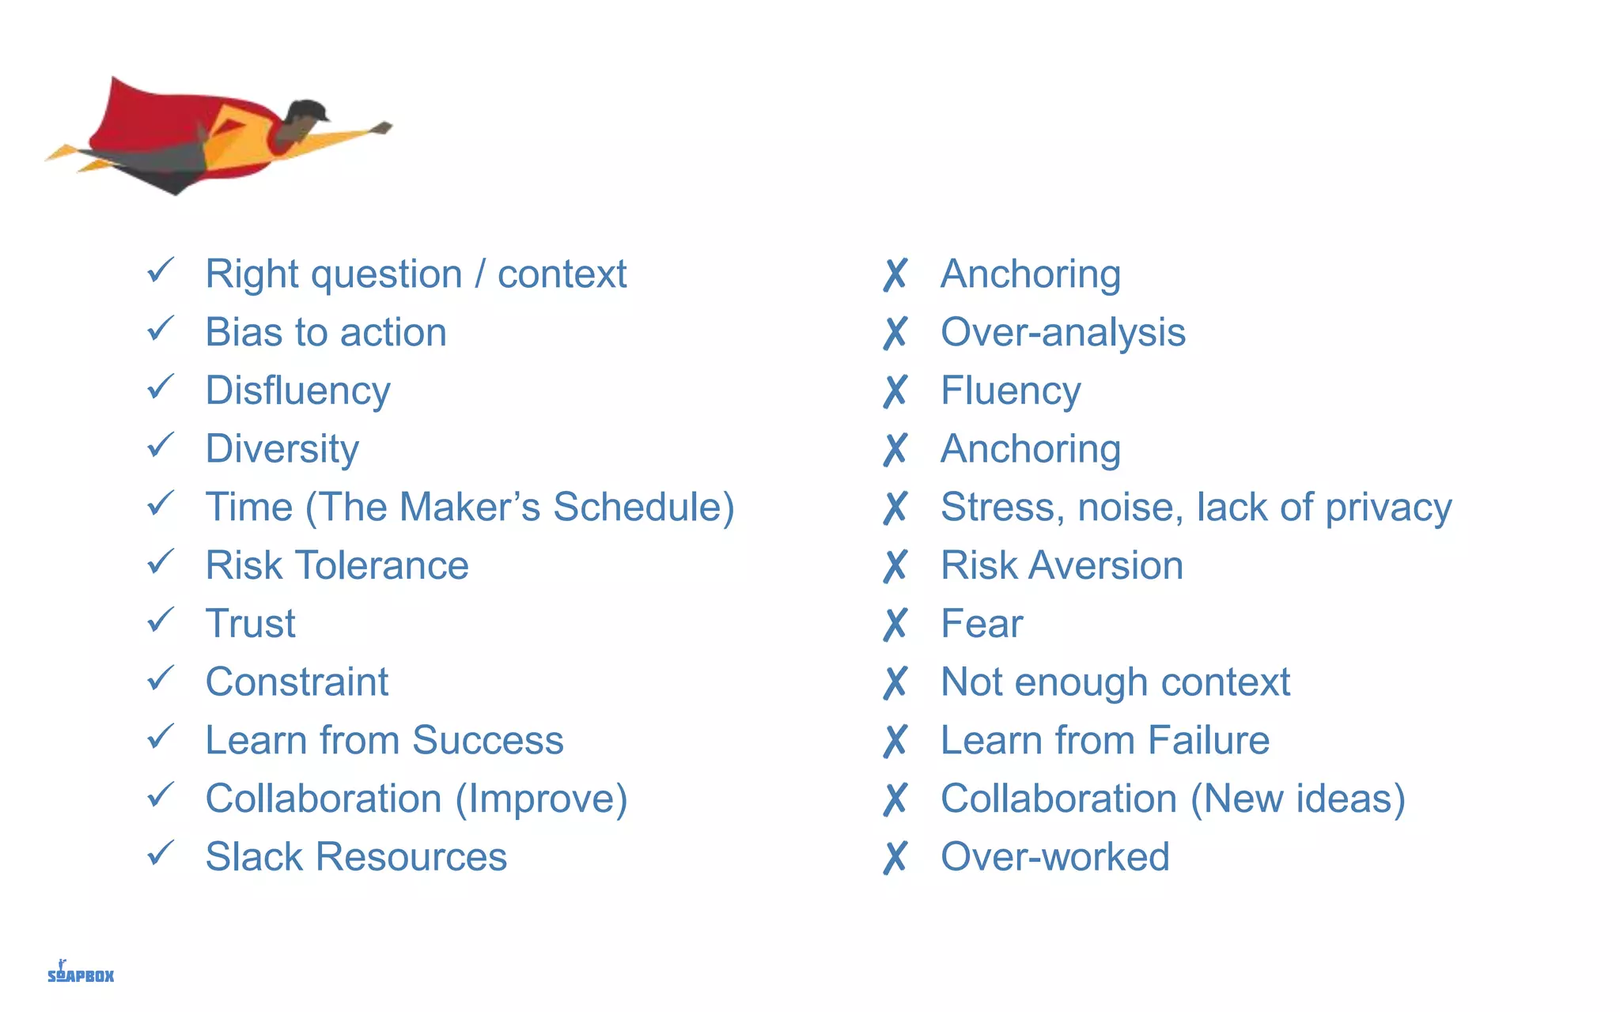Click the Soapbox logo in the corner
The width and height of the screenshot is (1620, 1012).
pyautogui.click(x=80, y=973)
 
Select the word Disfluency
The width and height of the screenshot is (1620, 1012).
pyautogui.click(x=297, y=391)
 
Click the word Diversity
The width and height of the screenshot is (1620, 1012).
pyautogui.click(x=282, y=449)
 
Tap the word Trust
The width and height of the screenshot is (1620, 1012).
pyautogui.click(x=250, y=624)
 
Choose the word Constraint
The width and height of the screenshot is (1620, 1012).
pyautogui.click(x=297, y=682)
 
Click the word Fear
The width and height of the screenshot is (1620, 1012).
pyautogui.click(x=981, y=624)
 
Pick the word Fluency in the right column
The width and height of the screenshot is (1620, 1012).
pyautogui.click(x=1010, y=391)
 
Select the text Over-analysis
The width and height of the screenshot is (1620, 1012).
pyautogui.click(x=1062, y=332)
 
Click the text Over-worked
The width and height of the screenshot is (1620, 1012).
pyautogui.click(x=1054, y=857)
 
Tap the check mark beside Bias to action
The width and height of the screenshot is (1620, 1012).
pyautogui.click(x=161, y=328)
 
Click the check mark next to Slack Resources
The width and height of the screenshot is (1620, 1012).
pyautogui.click(x=161, y=853)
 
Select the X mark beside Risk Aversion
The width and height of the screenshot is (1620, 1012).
pyautogui.click(x=895, y=566)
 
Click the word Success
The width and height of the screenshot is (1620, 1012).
pyautogui.click(x=487, y=741)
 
